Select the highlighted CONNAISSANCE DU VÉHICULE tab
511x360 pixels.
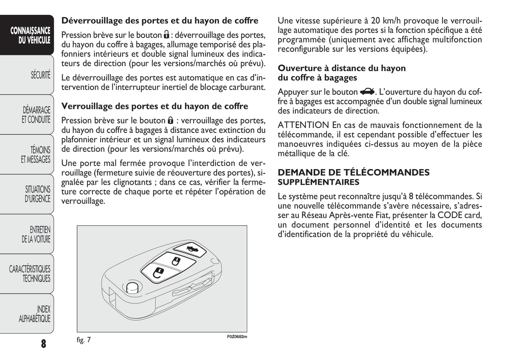(30, 35)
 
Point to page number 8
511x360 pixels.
(43, 343)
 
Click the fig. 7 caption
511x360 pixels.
(84, 340)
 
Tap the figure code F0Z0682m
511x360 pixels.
(237, 337)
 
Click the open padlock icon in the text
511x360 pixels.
(166, 35)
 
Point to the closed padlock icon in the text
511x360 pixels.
(170, 120)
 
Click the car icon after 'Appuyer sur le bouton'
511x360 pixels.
(367, 92)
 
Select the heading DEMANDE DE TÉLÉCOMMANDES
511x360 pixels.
(353, 173)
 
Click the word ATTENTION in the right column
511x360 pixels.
(303, 125)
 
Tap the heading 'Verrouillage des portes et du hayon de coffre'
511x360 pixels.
(155, 106)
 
